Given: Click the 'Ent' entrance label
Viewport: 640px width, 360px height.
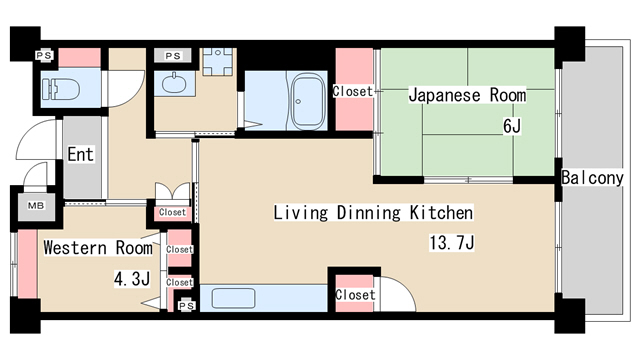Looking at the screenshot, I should click(81, 154).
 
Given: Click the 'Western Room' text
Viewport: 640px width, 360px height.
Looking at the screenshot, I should click(98, 247).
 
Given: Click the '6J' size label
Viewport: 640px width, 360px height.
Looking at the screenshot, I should click(512, 127).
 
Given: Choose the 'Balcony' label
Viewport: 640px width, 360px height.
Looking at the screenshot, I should click(592, 178).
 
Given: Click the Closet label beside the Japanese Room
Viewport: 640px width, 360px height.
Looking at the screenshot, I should click(354, 91).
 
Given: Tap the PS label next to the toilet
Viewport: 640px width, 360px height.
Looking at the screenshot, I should click(44, 56).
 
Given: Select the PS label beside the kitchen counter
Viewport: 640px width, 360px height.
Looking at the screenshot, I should click(185, 307).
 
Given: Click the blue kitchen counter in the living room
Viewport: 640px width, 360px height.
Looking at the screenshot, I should click(265, 299).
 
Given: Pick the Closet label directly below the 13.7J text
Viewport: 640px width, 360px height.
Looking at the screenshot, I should click(355, 295).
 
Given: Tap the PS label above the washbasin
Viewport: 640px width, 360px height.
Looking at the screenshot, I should click(174, 56).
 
